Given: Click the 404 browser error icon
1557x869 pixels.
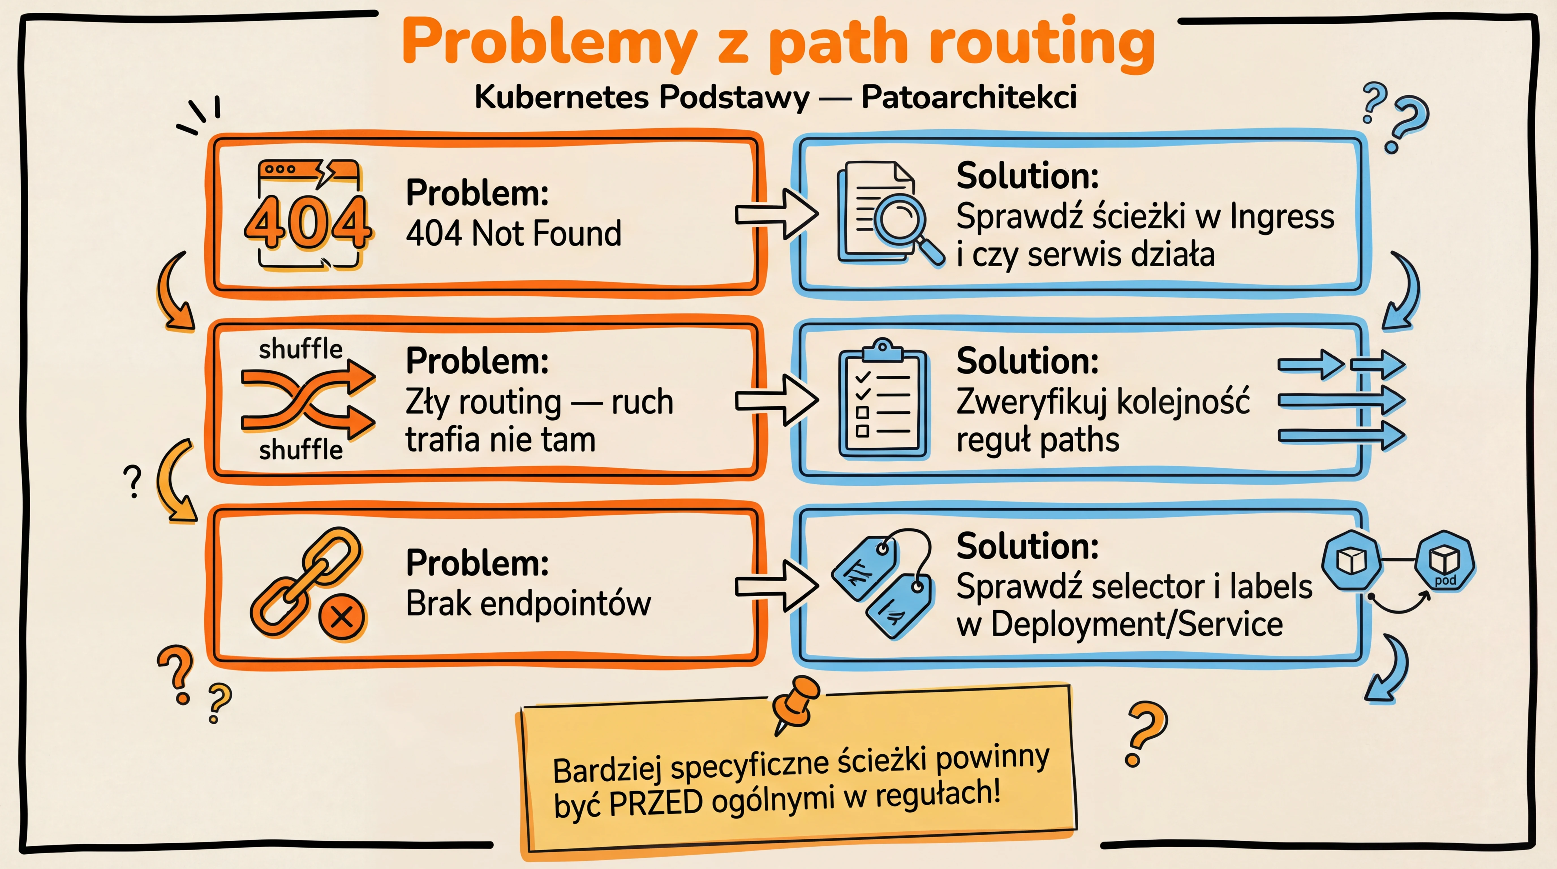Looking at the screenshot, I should pyautogui.click(x=308, y=214).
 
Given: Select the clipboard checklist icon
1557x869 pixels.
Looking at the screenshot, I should pyautogui.click(x=883, y=399).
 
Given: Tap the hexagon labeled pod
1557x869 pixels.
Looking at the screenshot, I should pyautogui.click(x=1445, y=562).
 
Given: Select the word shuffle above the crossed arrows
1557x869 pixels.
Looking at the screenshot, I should pyautogui.click(x=300, y=349).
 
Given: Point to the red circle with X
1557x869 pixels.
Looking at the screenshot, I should pyautogui.click(x=342, y=618).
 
